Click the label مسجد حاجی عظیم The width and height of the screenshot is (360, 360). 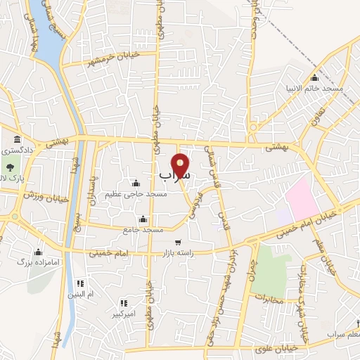point(136,194)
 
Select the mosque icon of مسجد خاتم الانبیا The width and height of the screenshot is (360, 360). point(314,78)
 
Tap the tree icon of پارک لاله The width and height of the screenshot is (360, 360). point(11,167)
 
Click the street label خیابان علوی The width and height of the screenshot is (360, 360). point(281,347)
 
